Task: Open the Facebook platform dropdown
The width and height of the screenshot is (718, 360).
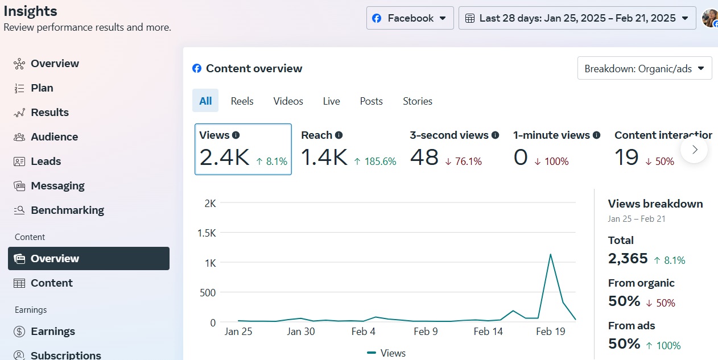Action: click(410, 18)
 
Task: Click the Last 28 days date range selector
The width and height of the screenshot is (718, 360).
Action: click(577, 18)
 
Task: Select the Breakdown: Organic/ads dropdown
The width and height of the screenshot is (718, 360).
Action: click(644, 69)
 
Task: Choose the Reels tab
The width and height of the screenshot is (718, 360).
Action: click(242, 101)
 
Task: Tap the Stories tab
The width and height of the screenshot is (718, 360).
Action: click(417, 101)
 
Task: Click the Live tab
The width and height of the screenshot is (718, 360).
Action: click(331, 101)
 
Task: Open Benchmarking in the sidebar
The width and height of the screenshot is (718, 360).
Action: click(67, 210)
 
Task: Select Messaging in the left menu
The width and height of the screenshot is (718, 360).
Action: click(57, 186)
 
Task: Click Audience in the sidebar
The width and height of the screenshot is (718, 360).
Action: click(54, 137)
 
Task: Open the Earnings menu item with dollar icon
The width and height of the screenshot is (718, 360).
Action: click(52, 332)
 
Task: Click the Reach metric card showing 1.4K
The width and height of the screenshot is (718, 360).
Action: click(348, 150)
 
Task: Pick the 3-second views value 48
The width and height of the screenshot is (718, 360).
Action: click(424, 158)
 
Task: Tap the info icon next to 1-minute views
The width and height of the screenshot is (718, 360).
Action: click(596, 135)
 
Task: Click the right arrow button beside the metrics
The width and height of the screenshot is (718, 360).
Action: click(694, 150)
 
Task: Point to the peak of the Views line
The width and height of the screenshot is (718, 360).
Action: click(550, 254)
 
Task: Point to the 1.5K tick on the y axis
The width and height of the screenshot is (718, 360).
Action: click(206, 233)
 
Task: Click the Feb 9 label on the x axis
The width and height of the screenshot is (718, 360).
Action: click(425, 332)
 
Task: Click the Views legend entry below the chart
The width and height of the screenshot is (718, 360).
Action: click(387, 353)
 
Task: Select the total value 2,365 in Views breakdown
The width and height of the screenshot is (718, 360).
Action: click(628, 259)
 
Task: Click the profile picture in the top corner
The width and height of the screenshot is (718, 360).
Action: click(709, 18)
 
